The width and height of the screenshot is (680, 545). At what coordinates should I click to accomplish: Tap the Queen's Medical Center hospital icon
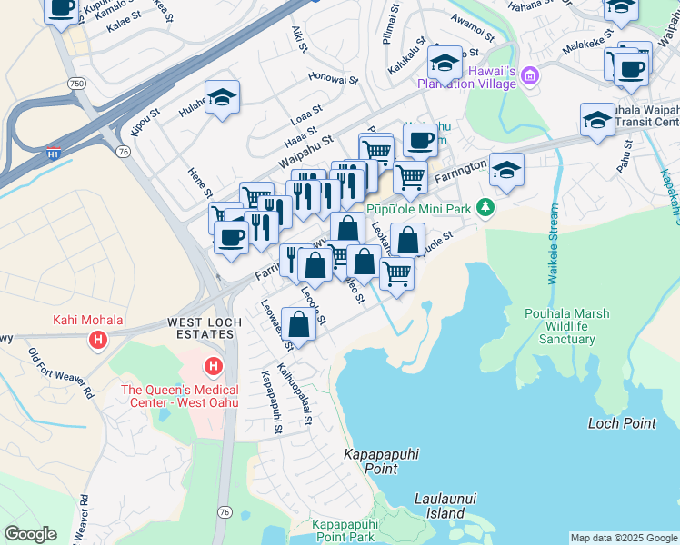point(213,367)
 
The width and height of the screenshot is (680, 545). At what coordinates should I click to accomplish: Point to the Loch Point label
point(622,423)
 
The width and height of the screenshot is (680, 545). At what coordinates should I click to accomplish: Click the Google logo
point(30,534)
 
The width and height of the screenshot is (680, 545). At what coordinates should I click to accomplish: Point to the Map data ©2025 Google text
point(623,538)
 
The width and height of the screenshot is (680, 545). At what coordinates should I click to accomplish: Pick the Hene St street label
point(200,183)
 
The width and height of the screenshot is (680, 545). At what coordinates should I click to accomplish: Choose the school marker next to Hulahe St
point(222,98)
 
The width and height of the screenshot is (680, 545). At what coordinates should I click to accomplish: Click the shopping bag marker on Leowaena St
point(299,324)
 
